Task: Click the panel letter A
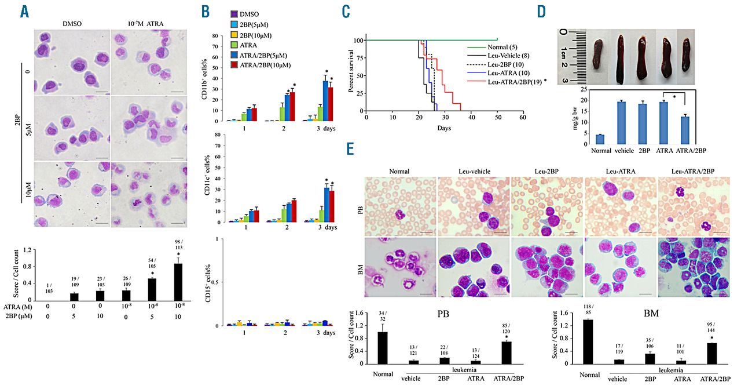click(x=24, y=12)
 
